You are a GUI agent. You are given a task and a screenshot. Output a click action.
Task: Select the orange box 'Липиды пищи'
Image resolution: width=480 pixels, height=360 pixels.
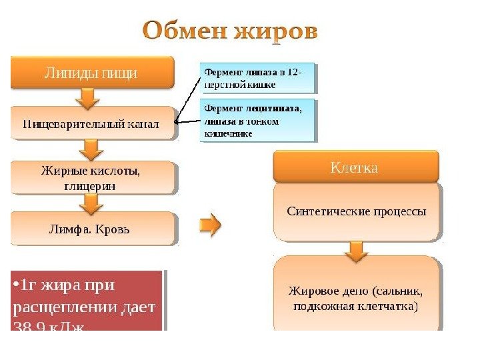pos(91,73)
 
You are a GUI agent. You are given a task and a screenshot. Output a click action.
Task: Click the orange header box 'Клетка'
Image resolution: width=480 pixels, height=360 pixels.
pos(356,167)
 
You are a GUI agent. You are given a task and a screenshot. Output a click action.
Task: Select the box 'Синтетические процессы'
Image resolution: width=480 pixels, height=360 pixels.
pos(356,212)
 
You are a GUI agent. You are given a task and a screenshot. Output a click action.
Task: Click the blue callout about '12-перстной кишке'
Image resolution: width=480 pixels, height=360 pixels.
pos(257,78)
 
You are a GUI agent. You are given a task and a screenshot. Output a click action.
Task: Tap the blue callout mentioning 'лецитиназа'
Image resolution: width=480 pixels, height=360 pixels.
pos(257,120)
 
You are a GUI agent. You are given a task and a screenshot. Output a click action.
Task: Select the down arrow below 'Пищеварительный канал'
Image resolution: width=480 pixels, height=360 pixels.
pos(87,148)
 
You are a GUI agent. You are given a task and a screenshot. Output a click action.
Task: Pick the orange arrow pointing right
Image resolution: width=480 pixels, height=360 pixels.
pos(210,225)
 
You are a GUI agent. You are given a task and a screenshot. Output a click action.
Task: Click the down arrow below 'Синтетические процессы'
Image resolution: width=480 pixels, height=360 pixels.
pos(357,250)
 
